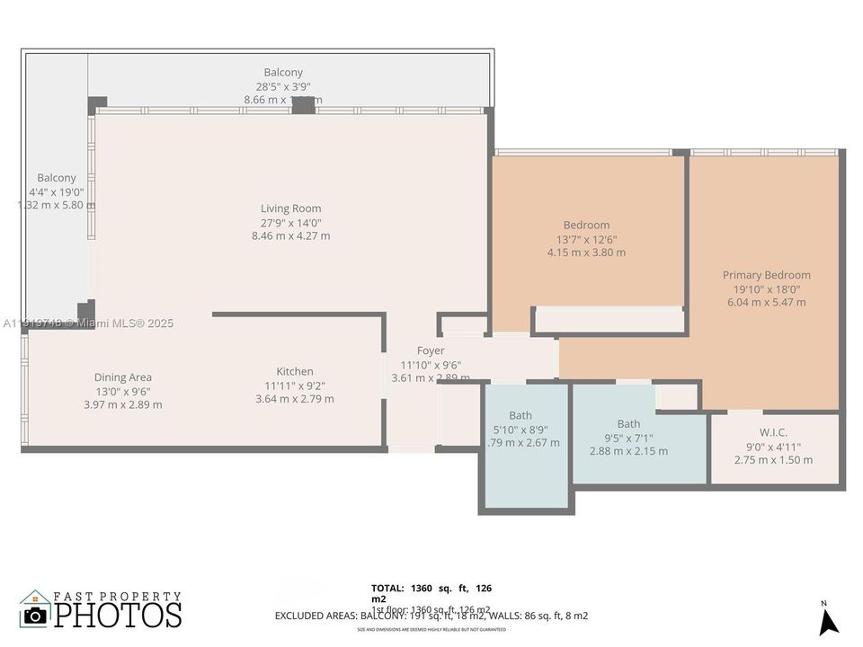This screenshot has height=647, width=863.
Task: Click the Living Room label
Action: coord(290,208)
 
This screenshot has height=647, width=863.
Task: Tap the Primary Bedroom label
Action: coord(766,275)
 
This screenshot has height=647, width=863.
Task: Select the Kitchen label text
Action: coord(294,371)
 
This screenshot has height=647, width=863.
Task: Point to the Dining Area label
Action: coord(122,377)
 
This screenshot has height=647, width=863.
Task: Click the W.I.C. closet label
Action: coord(773,432)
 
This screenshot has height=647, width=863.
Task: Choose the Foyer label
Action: coord(431,350)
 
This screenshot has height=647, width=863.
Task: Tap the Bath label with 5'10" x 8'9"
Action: coord(520,415)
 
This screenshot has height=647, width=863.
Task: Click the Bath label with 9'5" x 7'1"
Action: coord(628,424)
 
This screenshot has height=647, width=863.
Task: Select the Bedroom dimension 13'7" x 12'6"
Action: coord(586,239)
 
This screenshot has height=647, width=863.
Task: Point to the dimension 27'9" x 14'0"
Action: coord(290,223)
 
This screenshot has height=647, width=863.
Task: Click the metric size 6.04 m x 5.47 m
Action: coord(766,303)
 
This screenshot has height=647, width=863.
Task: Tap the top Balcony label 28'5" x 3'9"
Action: coord(283,73)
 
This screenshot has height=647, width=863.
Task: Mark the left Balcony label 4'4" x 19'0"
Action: coord(57,178)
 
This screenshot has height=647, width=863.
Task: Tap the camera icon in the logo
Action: coord(35,615)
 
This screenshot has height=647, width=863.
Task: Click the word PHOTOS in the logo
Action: coord(118,615)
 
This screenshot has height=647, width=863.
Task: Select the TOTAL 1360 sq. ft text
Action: coord(431,588)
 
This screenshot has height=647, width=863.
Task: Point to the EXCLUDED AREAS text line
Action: coord(431,616)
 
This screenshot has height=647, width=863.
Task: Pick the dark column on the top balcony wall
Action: coord(304,105)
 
